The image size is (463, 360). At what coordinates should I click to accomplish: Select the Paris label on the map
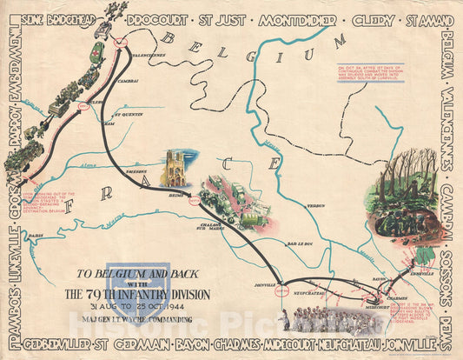pos(35,235)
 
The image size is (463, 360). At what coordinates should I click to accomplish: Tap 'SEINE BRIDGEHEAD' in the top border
pos(65,17)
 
